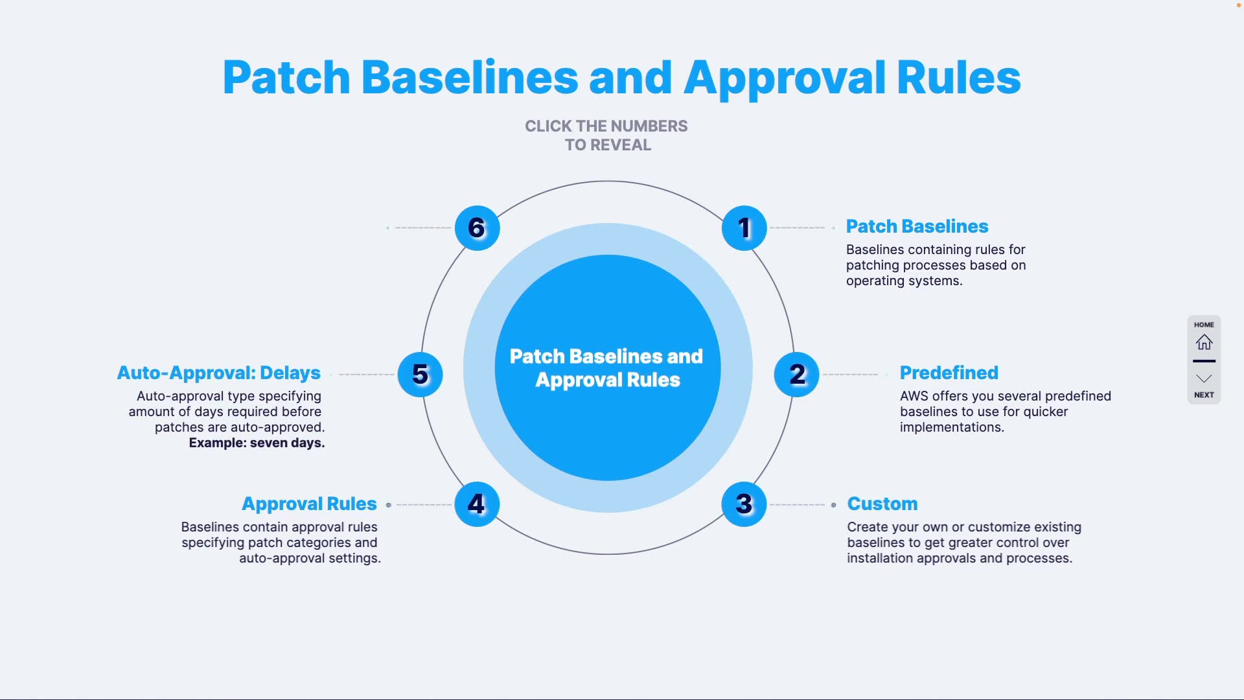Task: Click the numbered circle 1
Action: tap(744, 228)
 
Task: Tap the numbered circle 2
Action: tap(797, 375)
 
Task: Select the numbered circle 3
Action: tap(744, 504)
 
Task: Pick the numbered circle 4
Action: tap(477, 504)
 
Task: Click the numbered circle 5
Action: tap(420, 375)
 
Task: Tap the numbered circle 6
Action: tap(477, 228)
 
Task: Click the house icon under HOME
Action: tap(1204, 342)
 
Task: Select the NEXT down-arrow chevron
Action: tap(1204, 379)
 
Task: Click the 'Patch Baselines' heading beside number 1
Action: tap(917, 226)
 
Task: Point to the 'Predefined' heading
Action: tap(949, 373)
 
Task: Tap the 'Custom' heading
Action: tap(882, 504)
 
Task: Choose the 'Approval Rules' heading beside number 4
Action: tap(309, 504)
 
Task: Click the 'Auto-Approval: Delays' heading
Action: tap(218, 373)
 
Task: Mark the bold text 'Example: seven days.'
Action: tap(257, 443)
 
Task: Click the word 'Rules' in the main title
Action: tap(958, 78)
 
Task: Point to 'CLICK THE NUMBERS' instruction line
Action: tap(606, 126)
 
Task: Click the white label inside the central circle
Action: tap(607, 367)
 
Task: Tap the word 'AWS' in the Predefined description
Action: tap(914, 396)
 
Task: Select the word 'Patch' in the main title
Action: tap(286, 78)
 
